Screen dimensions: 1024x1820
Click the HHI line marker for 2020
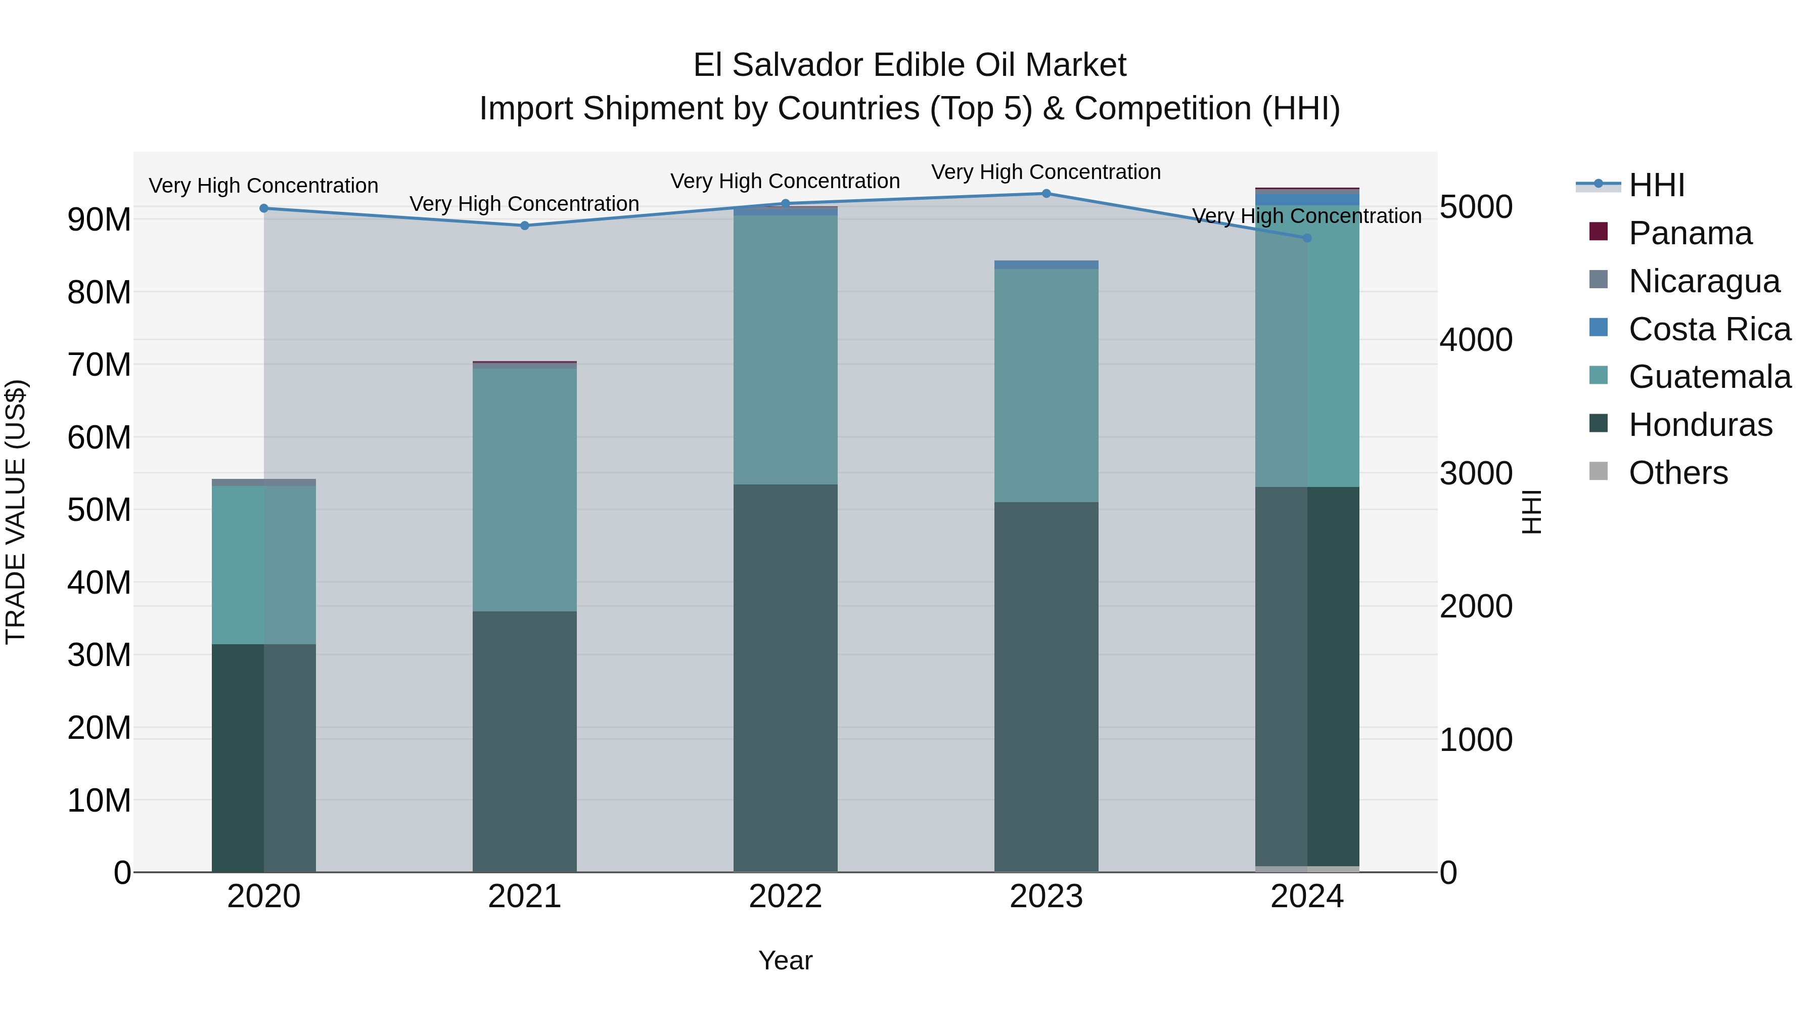pos(263,208)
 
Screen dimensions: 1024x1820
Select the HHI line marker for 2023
pos(1046,194)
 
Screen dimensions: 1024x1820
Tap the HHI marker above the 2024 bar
pos(1307,238)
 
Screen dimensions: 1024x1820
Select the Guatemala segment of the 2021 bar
pos(524,489)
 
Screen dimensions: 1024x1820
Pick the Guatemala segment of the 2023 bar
pos(1046,385)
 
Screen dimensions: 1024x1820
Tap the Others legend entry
pos(1677,473)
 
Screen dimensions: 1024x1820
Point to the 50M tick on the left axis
pos(99,510)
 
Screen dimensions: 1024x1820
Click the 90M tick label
pos(99,220)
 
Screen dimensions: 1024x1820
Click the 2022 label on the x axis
pos(785,897)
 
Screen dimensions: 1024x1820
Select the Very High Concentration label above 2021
pos(524,203)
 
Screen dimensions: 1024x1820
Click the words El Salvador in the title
pos(779,65)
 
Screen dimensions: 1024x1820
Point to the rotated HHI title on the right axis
pos(1531,512)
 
